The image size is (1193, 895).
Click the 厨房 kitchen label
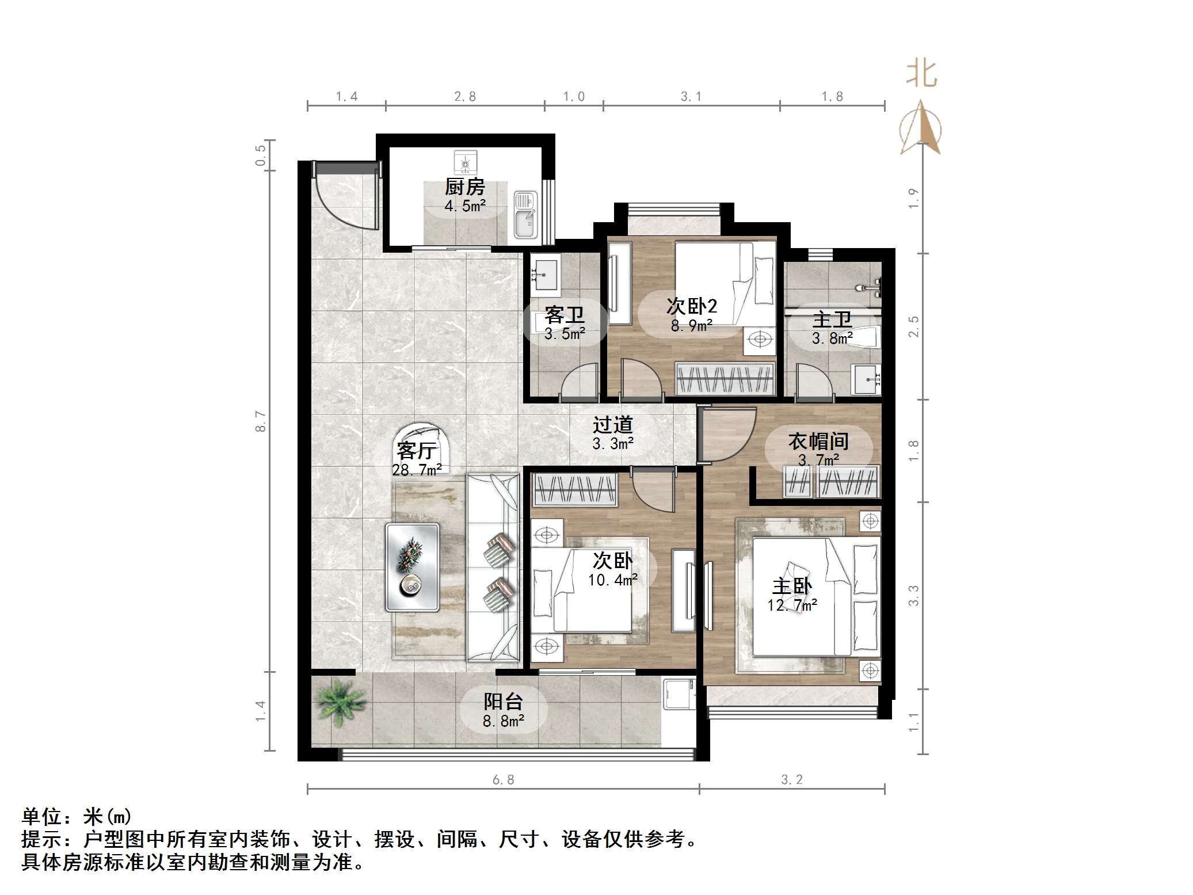coord(464,187)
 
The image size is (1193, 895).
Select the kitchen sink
coord(525,215)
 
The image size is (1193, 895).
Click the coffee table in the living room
coord(412,566)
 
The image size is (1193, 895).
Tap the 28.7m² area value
coord(417,470)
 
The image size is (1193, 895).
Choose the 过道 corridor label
coord(613,425)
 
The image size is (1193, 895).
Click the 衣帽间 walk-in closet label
coord(818,441)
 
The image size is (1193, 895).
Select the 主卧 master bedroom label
coord(792,586)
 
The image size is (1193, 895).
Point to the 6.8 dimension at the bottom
coord(503,780)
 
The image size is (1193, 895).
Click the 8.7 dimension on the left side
coord(261,421)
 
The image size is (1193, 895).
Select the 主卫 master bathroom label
coord(832,319)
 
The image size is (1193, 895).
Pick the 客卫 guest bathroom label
coord(565,315)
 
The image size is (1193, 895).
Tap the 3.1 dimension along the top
coord(691,97)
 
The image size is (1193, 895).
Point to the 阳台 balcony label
coord(503,702)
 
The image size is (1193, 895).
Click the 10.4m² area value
coord(612,580)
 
